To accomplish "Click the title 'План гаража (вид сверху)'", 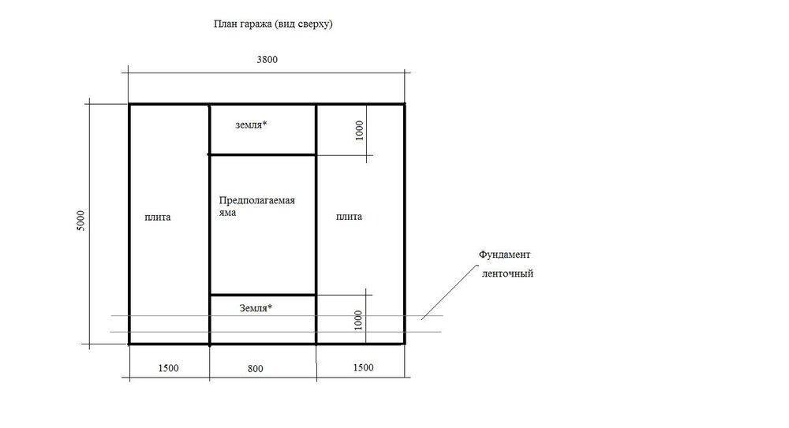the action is coord(273,24).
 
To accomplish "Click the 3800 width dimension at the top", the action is coord(267,59).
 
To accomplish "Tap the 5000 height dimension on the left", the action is coord(80,221).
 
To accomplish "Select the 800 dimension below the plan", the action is coord(255,369).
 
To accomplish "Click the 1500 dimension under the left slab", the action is coord(169,368).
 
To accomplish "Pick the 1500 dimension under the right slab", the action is coord(363,367).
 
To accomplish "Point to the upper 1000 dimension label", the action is coord(359,131).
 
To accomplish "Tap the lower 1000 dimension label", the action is coord(358,320).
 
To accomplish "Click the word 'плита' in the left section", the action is coord(158,218).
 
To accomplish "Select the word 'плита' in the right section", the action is coord(350,217).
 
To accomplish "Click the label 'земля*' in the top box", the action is coord(251,125).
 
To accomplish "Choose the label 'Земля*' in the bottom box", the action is coord(256,308).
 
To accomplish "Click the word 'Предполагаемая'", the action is coord(256,201).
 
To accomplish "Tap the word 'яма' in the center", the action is coord(227,213).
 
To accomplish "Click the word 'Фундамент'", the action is coord(505,255).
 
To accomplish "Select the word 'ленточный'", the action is coord(507,274).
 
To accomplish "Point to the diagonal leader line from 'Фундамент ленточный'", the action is coord(449,292).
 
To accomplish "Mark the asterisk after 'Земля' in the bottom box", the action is coord(270,306).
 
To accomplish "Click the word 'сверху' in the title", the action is coord(315,24).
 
